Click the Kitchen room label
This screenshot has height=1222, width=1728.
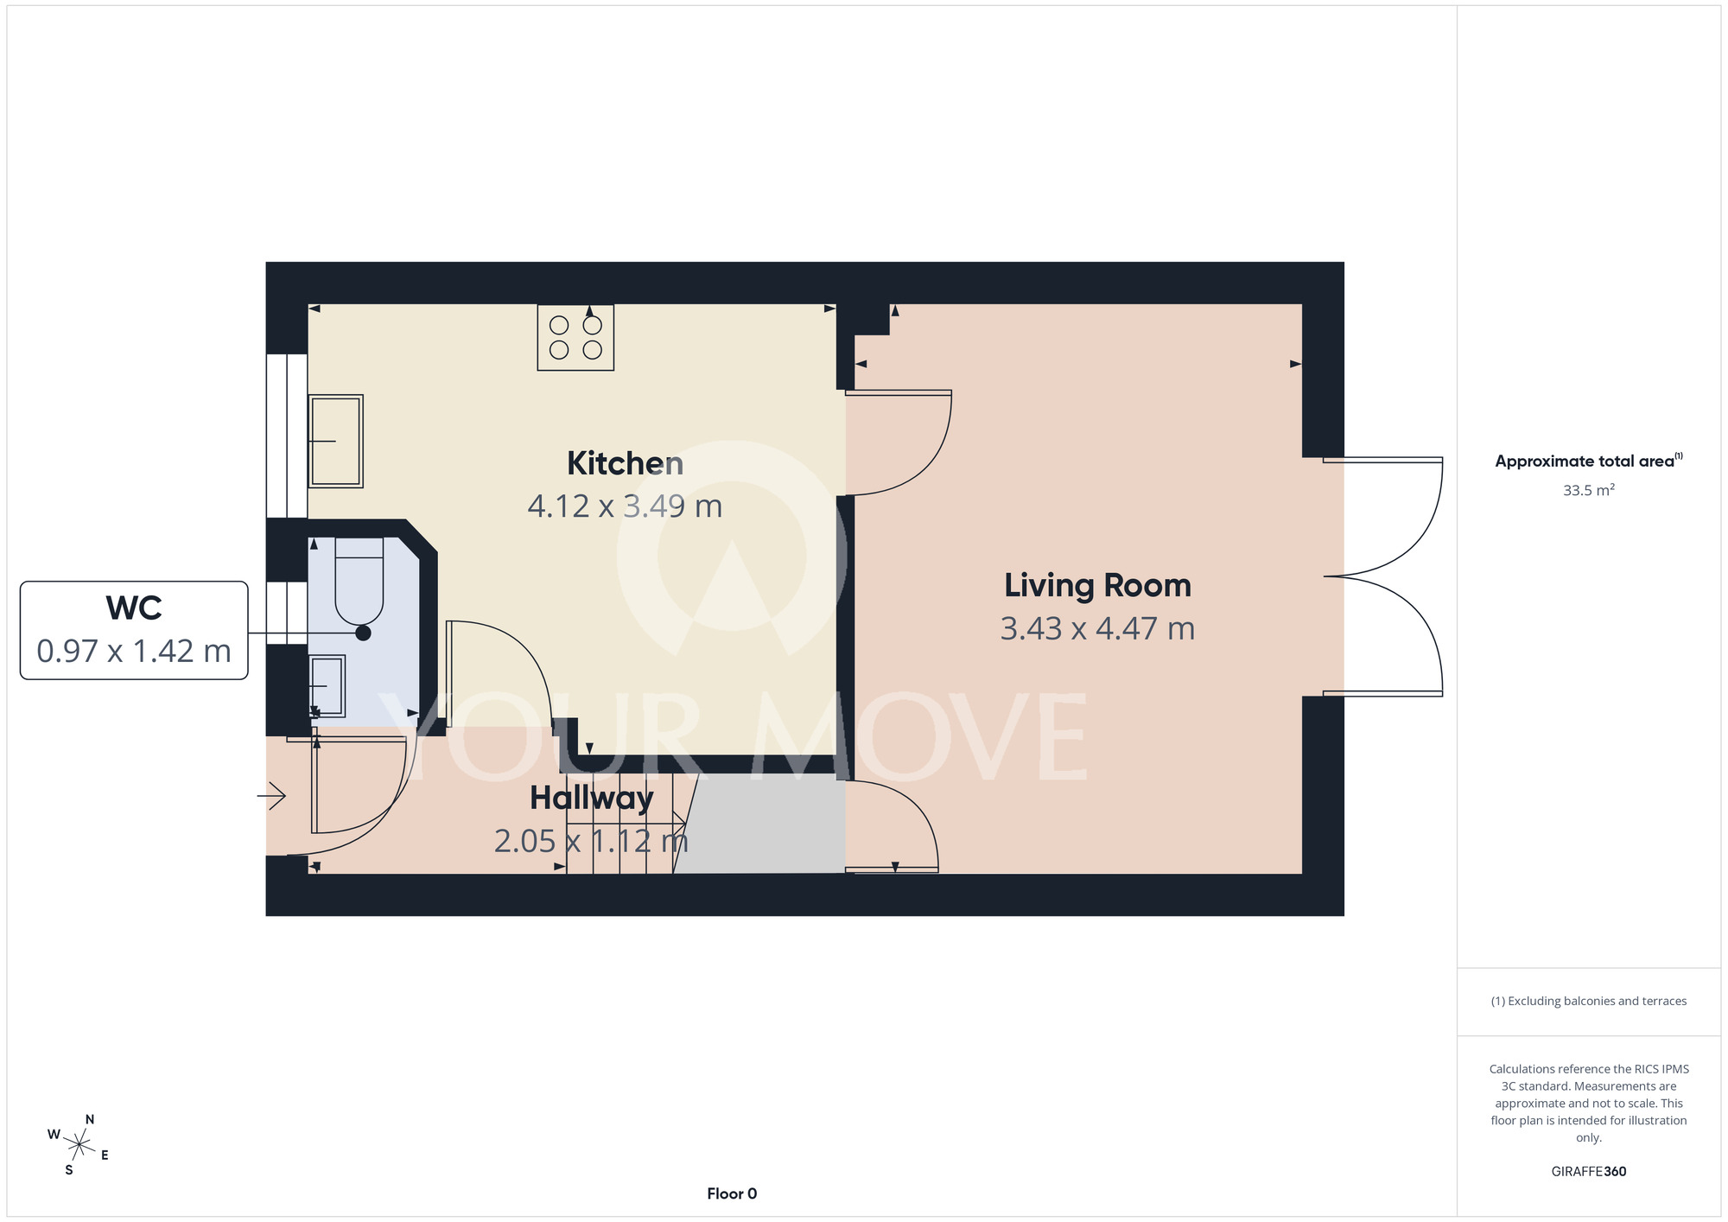coord(625,464)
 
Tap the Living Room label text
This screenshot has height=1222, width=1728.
coord(1097,586)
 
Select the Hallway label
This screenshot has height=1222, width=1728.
coord(592,799)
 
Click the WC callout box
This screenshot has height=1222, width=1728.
coord(134,630)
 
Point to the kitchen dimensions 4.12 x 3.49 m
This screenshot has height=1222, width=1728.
coord(625,506)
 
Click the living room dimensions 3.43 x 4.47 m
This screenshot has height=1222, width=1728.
coord(1097,629)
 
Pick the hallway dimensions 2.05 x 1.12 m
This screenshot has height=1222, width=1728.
coord(591,841)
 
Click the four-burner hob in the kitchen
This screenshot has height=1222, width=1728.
coord(575,337)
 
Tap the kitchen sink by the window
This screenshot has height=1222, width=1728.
coord(335,442)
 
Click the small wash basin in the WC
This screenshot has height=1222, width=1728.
coord(327,686)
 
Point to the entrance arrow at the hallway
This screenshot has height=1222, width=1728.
coord(271,795)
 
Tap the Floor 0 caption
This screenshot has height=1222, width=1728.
coord(732,1193)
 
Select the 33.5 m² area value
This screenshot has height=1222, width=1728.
coord(1589,490)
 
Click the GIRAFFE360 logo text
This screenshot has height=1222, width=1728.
coord(1589,1172)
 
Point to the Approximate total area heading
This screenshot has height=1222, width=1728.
coord(1589,461)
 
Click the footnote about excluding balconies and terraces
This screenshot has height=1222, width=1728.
coord(1589,1001)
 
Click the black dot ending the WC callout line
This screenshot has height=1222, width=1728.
coord(364,633)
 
